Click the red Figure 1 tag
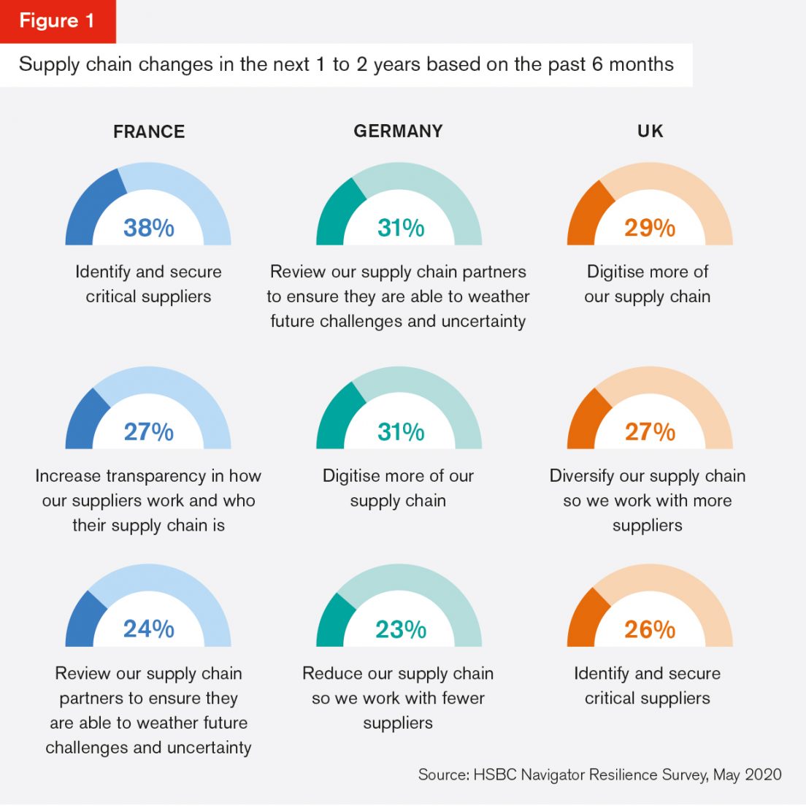pos(57,20)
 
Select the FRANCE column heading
pos(149,131)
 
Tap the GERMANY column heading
pos(398,131)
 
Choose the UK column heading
pos(650,131)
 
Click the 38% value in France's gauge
pos(149,228)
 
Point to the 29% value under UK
pos(650,228)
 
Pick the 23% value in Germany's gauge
pos(400,629)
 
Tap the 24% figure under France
pos(149,629)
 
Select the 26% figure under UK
pos(650,629)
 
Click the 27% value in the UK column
pos(650,431)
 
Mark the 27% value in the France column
pos(149,431)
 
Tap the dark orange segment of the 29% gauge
pos(588,212)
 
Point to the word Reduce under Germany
pos(328,673)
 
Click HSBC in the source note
pos(495,775)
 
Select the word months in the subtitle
pos(642,64)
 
